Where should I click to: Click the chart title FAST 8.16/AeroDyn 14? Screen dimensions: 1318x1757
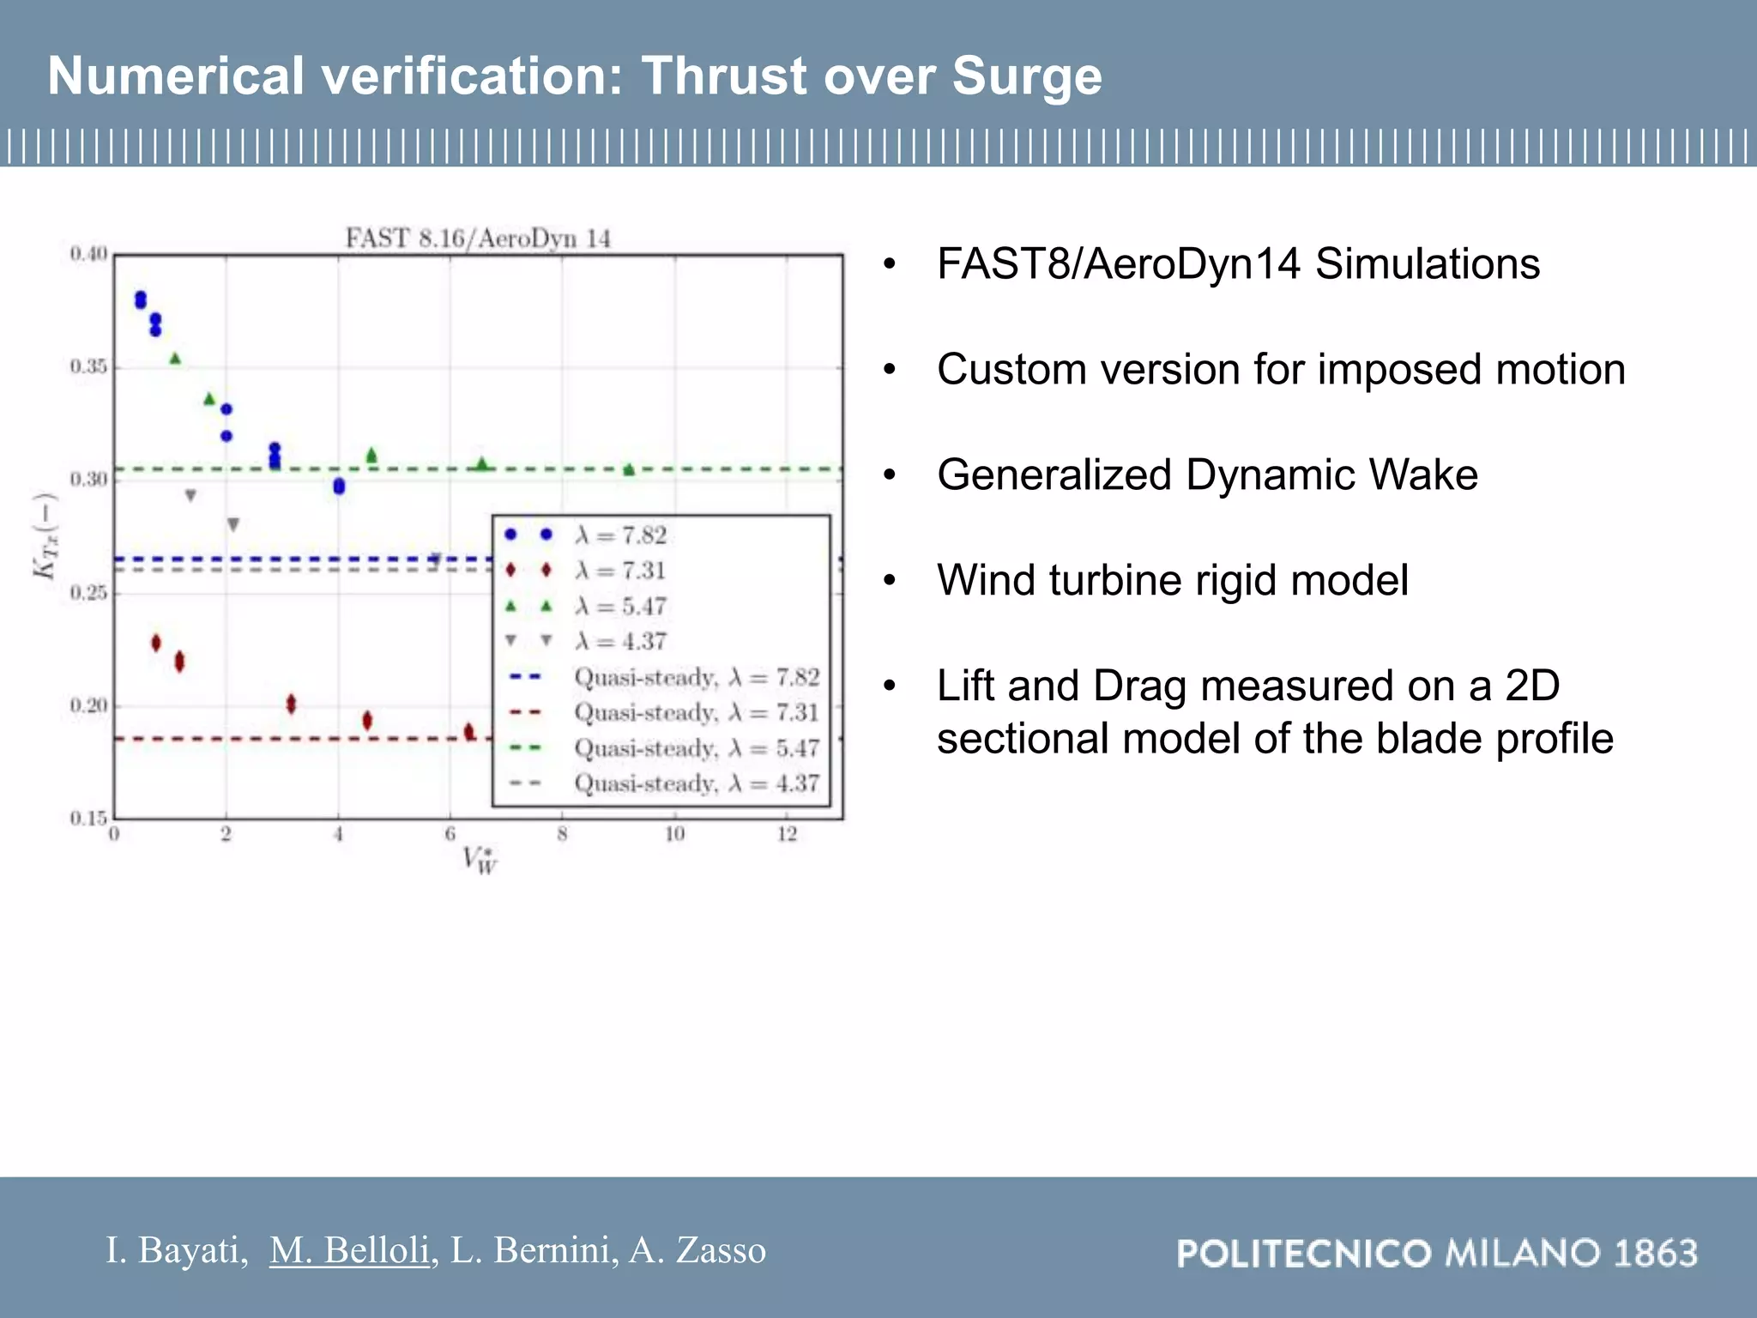point(478,239)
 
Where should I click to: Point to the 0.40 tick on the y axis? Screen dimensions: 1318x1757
point(88,254)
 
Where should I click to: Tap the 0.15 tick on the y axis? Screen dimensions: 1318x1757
point(88,818)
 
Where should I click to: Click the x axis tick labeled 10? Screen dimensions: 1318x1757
point(674,834)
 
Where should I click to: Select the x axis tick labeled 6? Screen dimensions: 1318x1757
point(450,834)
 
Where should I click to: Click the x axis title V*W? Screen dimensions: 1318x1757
point(479,859)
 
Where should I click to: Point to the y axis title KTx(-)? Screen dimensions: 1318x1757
point(45,536)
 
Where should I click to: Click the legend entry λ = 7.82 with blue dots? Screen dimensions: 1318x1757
point(620,535)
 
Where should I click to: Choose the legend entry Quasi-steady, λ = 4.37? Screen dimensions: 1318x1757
point(696,783)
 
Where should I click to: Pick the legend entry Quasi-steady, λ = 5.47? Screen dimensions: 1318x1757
point(696,748)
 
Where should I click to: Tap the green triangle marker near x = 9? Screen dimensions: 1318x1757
point(629,469)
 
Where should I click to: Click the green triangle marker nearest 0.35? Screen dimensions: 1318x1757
point(175,359)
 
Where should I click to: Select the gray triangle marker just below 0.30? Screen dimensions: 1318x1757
point(190,496)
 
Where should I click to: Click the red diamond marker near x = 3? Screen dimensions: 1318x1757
point(291,704)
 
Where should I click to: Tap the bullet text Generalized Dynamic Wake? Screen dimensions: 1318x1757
point(1207,475)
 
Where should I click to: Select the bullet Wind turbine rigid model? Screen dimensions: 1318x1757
point(1172,580)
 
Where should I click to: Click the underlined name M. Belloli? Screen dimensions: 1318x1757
point(349,1250)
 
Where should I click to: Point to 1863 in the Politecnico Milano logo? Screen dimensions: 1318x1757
point(1656,1254)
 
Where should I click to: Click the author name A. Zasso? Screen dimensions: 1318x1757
point(697,1250)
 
